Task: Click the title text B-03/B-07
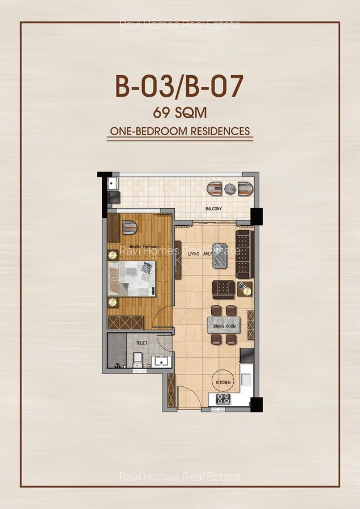click(x=179, y=87)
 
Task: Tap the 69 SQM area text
click(x=179, y=113)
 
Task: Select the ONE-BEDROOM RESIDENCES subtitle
click(x=179, y=131)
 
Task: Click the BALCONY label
click(x=213, y=209)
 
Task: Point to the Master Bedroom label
click(x=143, y=247)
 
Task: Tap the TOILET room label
click(x=142, y=343)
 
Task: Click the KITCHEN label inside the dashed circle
click(x=224, y=383)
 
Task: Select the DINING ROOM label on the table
click(x=223, y=326)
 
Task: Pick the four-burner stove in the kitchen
click(x=223, y=399)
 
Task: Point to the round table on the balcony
click(x=230, y=188)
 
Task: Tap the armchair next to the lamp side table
click(x=224, y=289)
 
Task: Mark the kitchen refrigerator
click(x=247, y=356)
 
